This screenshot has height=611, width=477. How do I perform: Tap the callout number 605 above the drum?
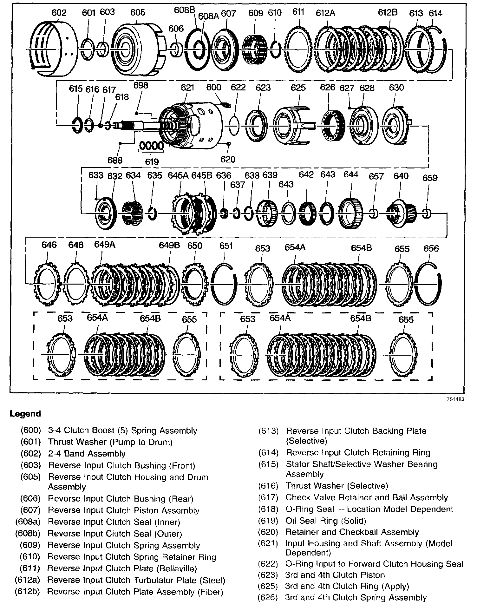point(138,12)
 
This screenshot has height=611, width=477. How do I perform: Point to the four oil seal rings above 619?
point(152,147)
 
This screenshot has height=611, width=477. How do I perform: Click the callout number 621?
point(187,87)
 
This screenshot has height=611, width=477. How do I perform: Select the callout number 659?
point(430,178)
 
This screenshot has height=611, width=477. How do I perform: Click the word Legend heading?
point(25,414)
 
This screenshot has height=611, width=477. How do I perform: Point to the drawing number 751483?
point(455,399)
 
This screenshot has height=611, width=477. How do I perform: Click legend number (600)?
point(31,430)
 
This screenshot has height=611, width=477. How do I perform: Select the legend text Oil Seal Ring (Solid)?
point(326,521)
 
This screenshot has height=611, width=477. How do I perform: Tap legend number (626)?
point(268,598)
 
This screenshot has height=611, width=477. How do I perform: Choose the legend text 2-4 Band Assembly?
point(87,454)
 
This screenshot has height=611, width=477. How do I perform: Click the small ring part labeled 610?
point(275,49)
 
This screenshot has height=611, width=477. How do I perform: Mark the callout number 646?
point(49,245)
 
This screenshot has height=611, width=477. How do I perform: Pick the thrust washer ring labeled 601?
point(87,49)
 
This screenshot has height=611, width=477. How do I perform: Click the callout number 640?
point(401,176)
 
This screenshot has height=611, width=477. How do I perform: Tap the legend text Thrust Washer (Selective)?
point(337,486)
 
